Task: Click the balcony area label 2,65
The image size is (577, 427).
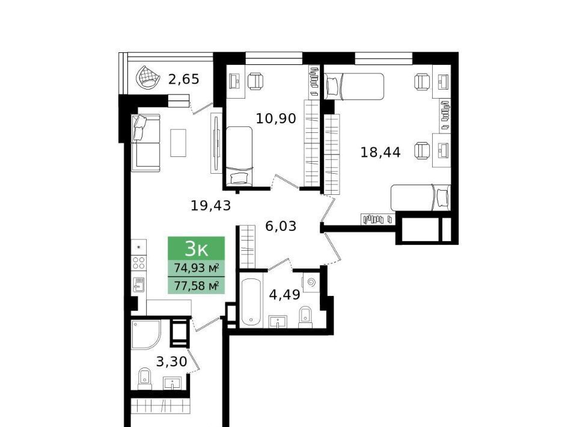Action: click(184, 79)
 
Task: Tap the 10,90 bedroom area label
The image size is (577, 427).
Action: click(276, 118)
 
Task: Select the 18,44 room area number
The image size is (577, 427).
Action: click(380, 152)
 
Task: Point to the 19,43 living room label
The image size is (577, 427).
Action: click(210, 206)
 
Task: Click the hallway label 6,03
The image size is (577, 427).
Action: click(281, 226)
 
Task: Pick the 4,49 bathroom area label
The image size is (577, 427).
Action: click(284, 295)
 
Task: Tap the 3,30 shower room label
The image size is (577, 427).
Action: click(171, 362)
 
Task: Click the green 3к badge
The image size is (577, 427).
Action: click(196, 248)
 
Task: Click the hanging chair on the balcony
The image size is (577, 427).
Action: click(148, 78)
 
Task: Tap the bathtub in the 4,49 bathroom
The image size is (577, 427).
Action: click(252, 302)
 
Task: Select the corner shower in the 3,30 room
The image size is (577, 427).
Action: click(146, 334)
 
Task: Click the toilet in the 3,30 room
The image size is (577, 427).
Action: click(145, 378)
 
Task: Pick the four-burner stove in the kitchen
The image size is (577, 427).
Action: click(139, 263)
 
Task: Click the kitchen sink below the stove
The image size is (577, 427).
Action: click(139, 284)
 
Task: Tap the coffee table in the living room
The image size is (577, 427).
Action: click(178, 143)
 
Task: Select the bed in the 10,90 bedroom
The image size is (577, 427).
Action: click(239, 156)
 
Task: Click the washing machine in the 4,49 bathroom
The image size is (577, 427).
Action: click(311, 283)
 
